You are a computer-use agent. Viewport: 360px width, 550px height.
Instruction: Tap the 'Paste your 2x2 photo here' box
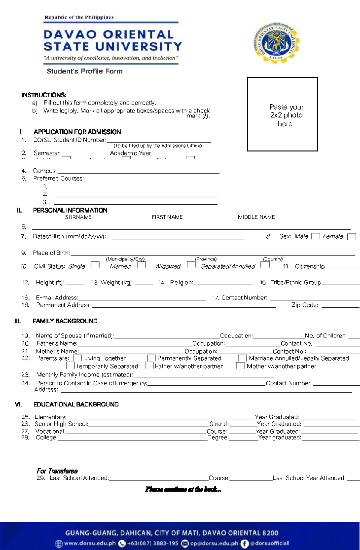tap(282, 114)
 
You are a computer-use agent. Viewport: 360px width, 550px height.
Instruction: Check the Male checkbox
tap(316, 236)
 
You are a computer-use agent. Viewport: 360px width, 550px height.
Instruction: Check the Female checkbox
tap(351, 237)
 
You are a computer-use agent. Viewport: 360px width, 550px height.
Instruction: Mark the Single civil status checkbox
tap(95, 264)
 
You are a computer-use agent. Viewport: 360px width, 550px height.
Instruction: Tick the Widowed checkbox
tap(191, 264)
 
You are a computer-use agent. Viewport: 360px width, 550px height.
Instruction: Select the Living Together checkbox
tap(77, 358)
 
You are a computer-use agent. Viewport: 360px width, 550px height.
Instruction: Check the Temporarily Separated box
tap(70, 365)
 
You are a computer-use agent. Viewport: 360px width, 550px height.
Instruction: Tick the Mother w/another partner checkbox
tap(240, 365)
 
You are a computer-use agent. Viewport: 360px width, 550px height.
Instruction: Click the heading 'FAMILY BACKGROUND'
tap(65, 321)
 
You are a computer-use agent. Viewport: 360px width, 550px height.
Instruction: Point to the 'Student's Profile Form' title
tap(85, 71)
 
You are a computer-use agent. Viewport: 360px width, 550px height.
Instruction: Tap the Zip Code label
tap(305, 305)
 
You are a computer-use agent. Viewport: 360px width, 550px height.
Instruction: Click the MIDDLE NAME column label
tap(256, 217)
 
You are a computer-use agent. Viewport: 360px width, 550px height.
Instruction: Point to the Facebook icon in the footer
tap(245, 543)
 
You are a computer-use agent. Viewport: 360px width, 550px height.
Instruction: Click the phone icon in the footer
tap(122, 543)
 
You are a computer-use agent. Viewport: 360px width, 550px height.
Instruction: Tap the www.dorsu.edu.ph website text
tap(90, 543)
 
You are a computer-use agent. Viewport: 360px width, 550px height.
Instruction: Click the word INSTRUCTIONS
tap(44, 95)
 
